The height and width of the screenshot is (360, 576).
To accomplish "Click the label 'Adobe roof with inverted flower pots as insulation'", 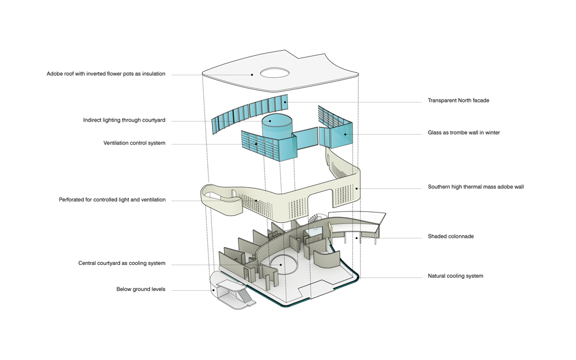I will (x=106, y=74).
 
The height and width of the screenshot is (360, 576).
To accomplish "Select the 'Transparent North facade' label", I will (x=458, y=101).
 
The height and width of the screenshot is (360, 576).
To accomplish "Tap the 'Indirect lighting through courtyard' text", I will (x=124, y=120).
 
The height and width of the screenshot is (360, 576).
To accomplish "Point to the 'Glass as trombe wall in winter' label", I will (x=464, y=132).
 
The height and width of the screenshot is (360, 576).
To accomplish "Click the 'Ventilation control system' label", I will (x=134, y=143).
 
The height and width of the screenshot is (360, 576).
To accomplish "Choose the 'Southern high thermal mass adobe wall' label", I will (x=476, y=187).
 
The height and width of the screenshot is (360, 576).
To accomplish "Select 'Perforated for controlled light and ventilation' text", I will (x=112, y=200).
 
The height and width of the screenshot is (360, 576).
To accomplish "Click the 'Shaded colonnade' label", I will (x=450, y=236).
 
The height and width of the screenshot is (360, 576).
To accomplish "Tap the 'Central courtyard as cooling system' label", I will (x=122, y=263).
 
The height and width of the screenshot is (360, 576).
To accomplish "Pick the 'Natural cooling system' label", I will (x=455, y=276).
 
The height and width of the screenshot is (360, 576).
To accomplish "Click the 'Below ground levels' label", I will (x=141, y=289).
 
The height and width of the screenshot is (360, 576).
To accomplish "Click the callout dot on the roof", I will (x=252, y=74).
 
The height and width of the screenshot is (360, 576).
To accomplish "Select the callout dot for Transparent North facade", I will (x=286, y=101).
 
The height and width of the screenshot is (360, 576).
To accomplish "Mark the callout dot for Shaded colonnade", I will (x=357, y=237).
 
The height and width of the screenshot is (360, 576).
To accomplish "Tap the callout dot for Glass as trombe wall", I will (x=346, y=134).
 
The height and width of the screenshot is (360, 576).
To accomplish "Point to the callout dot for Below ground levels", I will (x=214, y=290).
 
